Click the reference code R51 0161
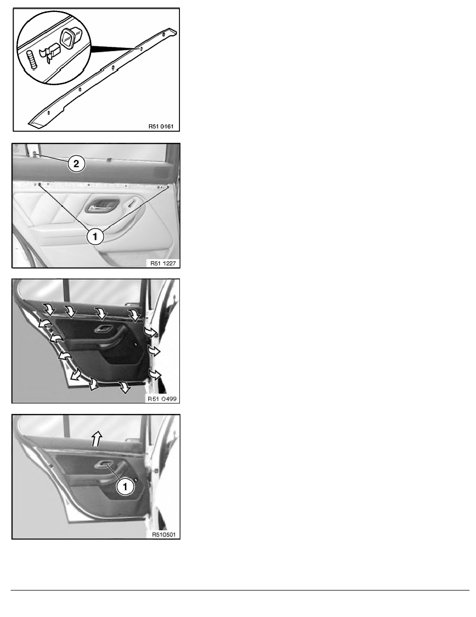[161, 126]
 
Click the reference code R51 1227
[163, 263]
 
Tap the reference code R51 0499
[162, 399]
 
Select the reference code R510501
[163, 535]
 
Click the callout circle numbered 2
[76, 164]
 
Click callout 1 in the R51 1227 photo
[95, 236]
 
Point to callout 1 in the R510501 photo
[125, 487]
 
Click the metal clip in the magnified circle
[51, 53]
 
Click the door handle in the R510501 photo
[104, 465]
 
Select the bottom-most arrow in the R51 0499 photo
[125, 387]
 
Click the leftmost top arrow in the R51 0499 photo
[49, 310]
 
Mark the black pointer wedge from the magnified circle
[114, 48]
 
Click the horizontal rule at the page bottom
[240, 590]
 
